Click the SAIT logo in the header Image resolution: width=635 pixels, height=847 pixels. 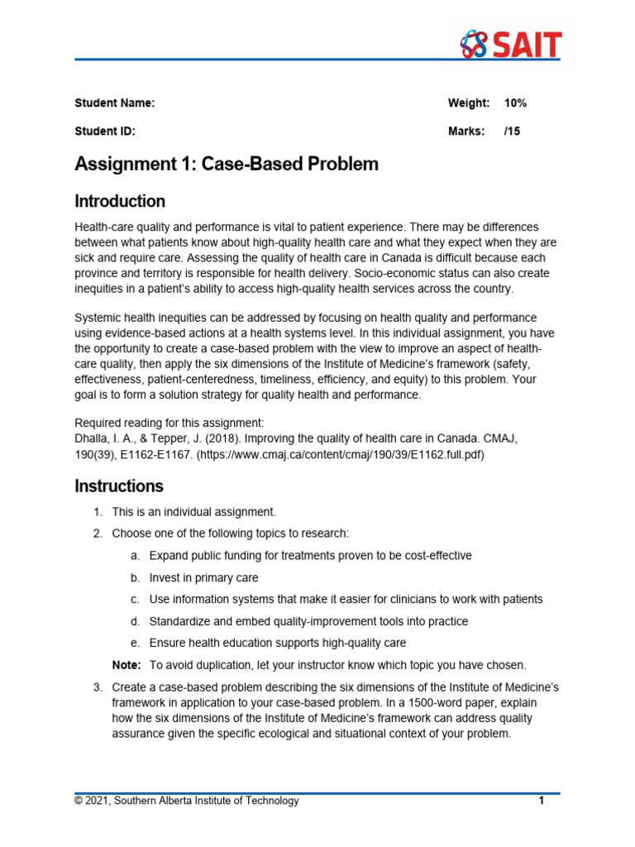pos(510,44)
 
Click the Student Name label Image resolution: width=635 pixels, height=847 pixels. pos(114,103)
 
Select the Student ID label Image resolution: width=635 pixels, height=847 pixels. pos(104,131)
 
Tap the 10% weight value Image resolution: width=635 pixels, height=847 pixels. pos(515,103)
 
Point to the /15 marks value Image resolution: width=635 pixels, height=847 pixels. pos(513,131)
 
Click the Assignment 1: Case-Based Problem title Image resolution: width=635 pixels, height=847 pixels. pos(227,164)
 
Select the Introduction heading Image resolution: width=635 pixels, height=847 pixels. pos(120,201)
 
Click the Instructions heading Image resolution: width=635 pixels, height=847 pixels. pos(119,486)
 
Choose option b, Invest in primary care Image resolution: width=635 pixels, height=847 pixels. pos(203,577)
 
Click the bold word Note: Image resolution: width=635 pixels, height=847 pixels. pos(127,665)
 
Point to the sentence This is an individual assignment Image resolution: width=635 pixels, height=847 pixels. pos(193,512)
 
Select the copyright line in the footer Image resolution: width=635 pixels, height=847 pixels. pos(187,801)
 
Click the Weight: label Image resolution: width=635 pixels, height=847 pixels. pos(468,103)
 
